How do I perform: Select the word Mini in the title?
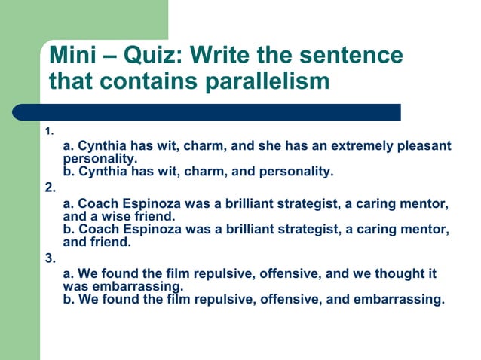click(x=73, y=55)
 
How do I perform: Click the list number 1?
click(x=49, y=132)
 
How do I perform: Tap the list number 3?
click(x=50, y=258)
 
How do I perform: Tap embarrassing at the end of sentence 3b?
click(x=397, y=299)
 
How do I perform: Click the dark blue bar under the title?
click(x=219, y=112)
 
